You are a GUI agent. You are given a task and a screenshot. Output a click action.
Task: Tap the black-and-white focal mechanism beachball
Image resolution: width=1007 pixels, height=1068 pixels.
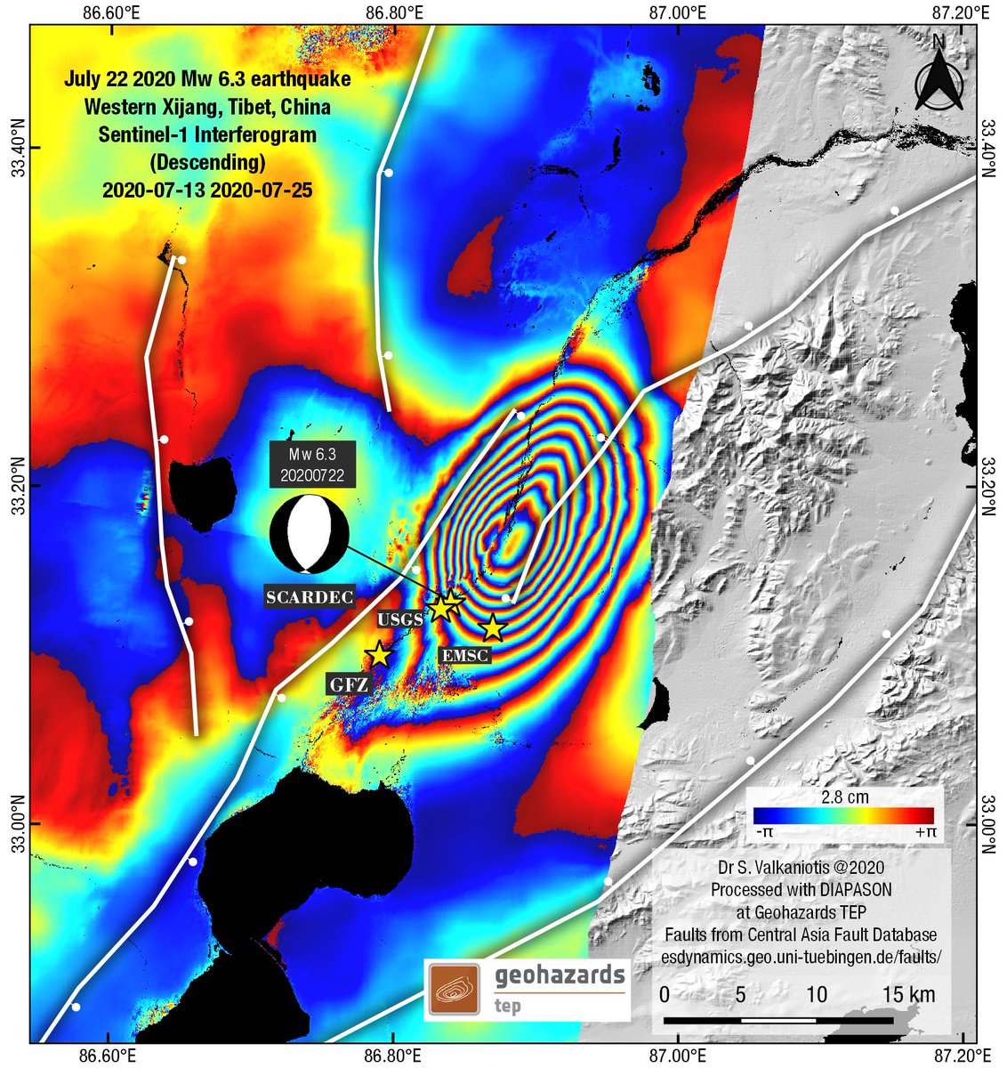(x=305, y=534)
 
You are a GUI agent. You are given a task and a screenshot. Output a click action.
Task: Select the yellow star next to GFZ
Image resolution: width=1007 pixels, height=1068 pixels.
(x=379, y=654)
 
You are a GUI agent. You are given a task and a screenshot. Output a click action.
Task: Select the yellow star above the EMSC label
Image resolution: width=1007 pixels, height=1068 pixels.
(x=492, y=628)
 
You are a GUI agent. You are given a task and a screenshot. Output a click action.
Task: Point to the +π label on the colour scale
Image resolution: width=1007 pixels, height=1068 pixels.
(x=923, y=832)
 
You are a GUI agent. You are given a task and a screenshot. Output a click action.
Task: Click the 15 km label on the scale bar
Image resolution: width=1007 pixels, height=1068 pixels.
(x=908, y=994)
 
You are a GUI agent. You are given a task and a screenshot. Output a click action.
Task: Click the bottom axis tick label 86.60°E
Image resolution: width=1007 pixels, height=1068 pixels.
(x=107, y=1056)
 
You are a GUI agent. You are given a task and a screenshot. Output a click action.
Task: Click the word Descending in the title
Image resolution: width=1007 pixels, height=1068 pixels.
(x=207, y=163)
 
